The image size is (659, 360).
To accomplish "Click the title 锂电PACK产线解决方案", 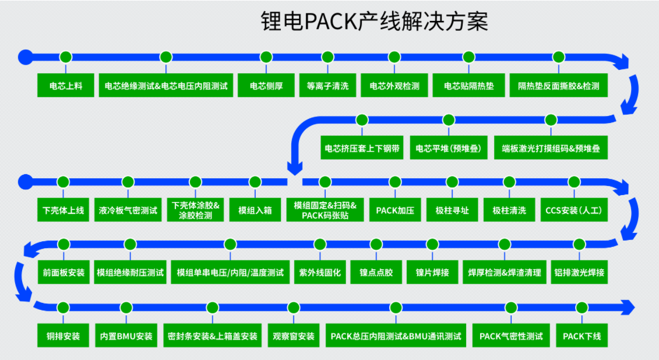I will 373,22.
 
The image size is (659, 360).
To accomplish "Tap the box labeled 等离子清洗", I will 327,86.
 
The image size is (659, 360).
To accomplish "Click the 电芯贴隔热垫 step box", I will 468,86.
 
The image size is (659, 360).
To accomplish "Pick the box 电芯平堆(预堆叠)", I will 449,149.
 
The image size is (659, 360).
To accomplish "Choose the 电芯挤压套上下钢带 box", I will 362,149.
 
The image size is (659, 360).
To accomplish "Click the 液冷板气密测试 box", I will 128,210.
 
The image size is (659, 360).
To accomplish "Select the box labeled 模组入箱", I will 255,210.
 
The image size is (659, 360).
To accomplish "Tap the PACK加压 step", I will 395,210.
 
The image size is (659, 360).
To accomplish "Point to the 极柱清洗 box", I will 509,210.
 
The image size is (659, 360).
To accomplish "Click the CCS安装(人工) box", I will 573,210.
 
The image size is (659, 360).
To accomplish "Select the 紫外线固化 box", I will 320,272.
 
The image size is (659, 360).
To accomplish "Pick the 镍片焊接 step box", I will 432,272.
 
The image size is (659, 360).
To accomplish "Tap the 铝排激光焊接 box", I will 579,272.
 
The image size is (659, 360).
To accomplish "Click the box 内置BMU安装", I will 126,336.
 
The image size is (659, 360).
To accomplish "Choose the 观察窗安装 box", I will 294,336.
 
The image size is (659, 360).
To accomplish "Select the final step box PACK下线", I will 582,336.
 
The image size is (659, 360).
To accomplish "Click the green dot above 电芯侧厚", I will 266,57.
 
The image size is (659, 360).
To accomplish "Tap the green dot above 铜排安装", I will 63,307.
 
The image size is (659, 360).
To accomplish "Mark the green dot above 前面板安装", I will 64,244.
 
